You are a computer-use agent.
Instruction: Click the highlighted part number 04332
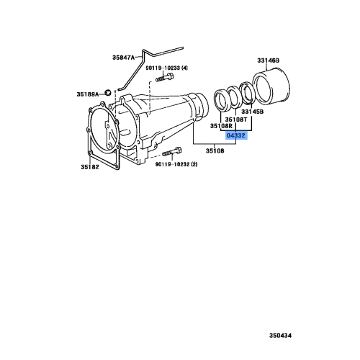[x=236, y=135]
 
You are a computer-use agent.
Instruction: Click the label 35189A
[x=88, y=93]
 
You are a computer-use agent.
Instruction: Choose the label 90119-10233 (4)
[x=165, y=68]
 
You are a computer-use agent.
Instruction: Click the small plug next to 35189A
[x=106, y=92]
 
